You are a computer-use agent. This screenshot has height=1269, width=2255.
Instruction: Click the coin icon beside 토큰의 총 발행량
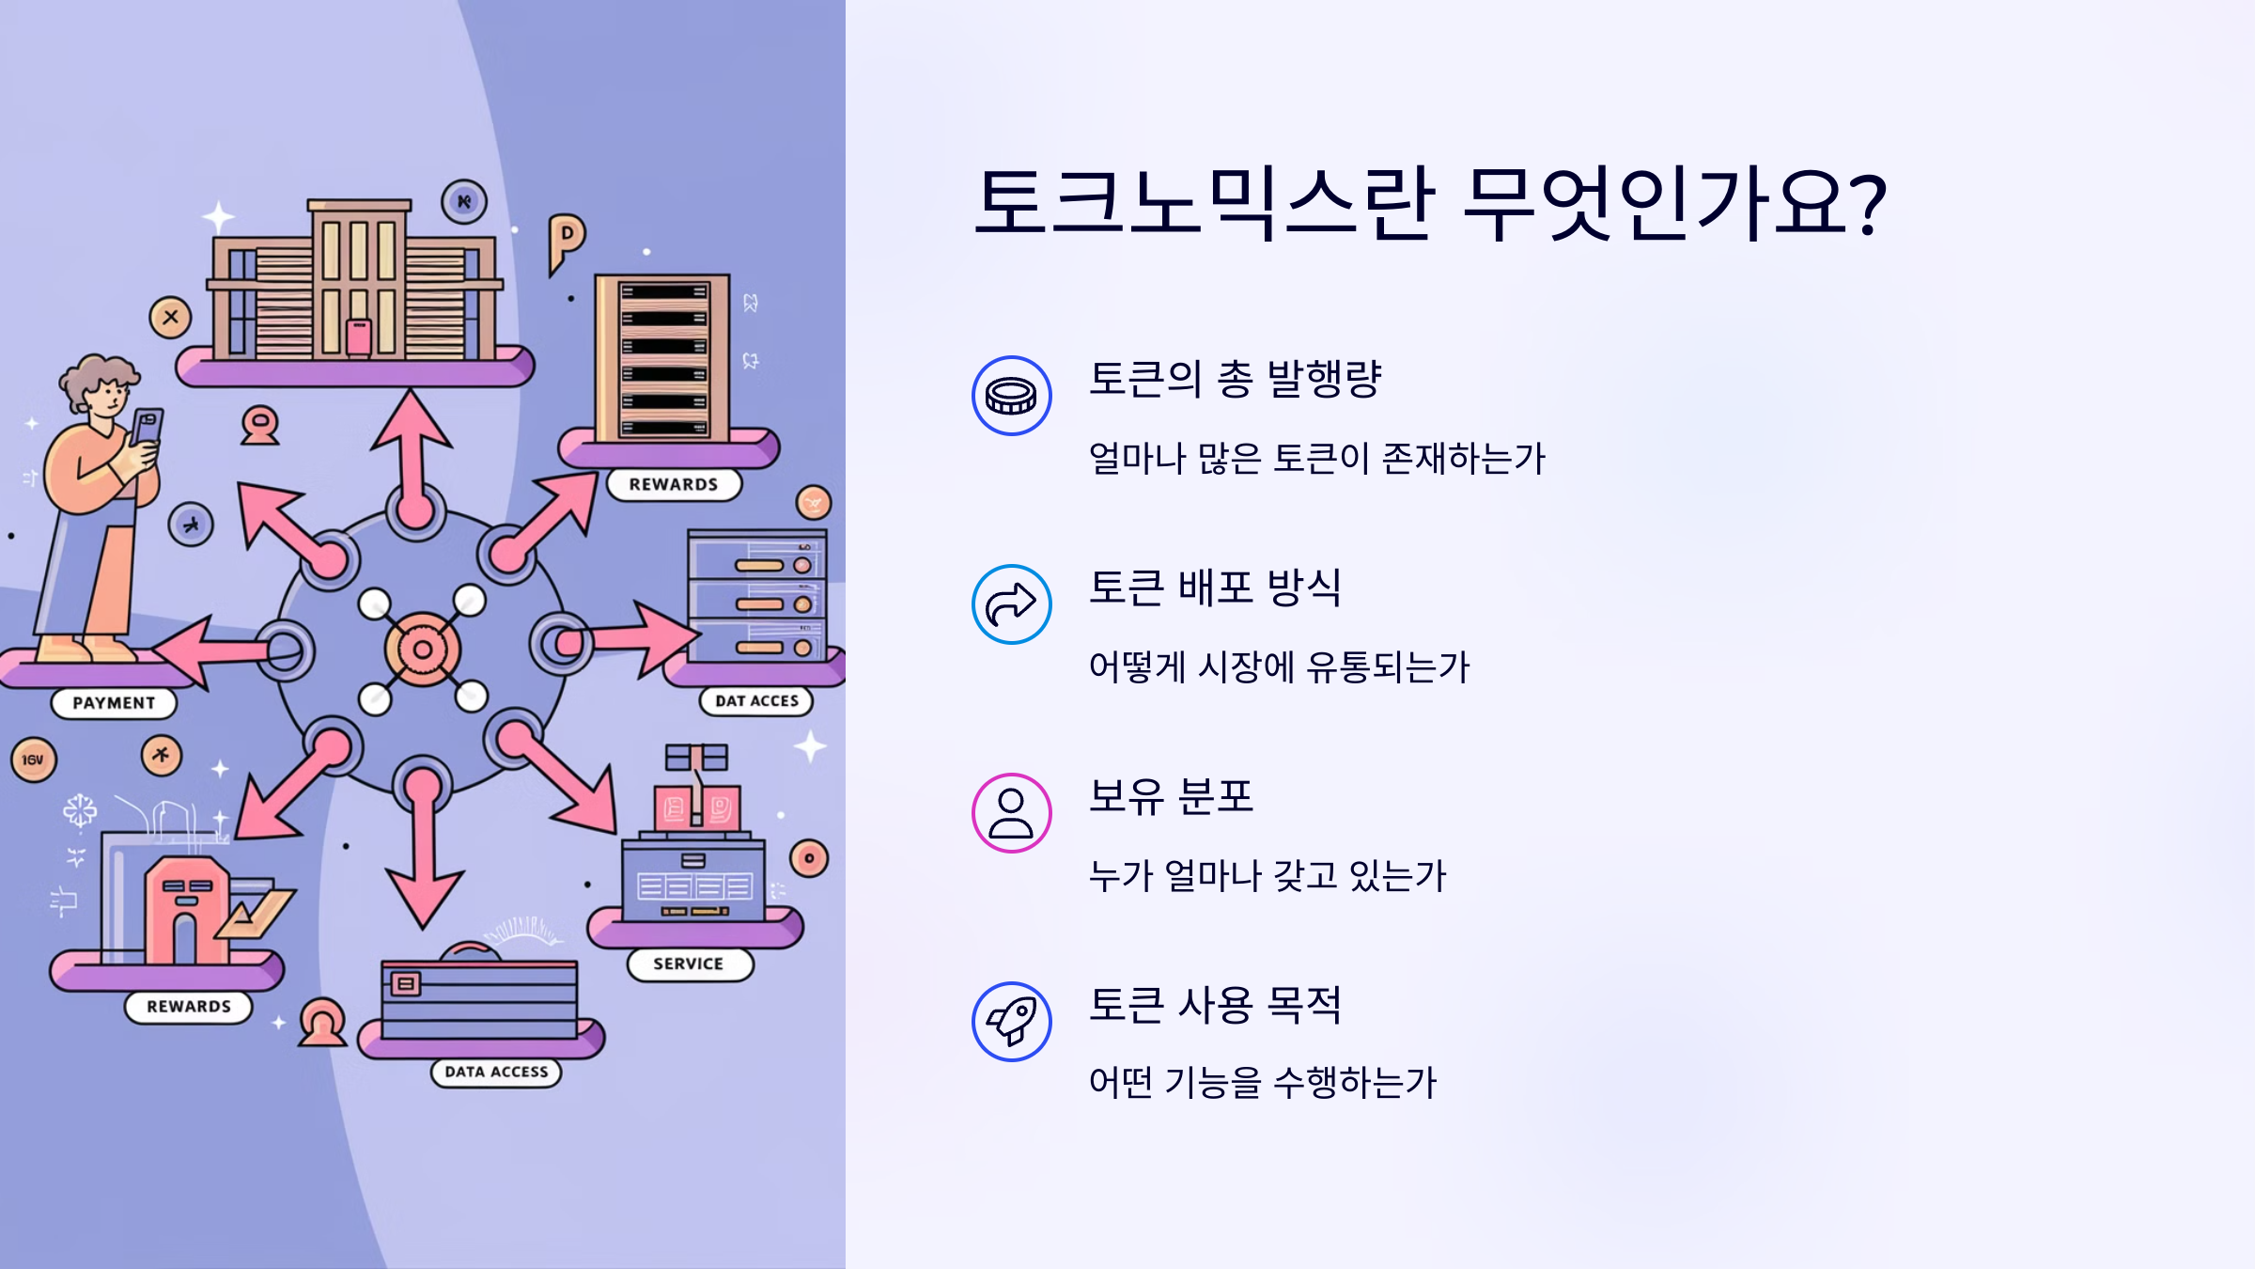point(1011,396)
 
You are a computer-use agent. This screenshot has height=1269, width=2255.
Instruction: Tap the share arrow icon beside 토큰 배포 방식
point(1011,604)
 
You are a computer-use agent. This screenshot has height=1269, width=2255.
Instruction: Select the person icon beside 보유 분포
point(1011,813)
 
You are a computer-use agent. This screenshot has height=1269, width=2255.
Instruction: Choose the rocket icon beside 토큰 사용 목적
point(1011,1022)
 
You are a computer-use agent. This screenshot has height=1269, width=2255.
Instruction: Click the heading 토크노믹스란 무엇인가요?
point(1429,202)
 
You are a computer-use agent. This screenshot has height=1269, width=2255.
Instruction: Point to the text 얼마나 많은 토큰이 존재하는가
point(1316,459)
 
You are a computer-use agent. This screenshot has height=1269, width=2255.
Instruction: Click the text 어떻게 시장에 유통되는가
point(1279,667)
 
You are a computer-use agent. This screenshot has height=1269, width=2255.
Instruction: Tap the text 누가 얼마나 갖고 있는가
point(1267,876)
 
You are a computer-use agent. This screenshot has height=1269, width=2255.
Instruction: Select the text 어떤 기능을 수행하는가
point(1263,1083)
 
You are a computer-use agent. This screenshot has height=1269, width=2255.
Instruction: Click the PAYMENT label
point(114,703)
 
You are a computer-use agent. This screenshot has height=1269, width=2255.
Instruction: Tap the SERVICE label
point(689,964)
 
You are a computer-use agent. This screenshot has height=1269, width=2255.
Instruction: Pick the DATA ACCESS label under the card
point(496,1073)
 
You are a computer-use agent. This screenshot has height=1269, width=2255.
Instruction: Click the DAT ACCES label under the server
point(756,701)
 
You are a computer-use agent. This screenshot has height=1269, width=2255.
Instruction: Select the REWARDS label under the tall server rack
point(674,485)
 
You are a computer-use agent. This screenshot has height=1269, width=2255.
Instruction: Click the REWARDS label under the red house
point(189,1007)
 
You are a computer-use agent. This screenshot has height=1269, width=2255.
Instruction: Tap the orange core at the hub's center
point(423,650)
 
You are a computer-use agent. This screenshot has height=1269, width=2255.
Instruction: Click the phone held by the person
point(147,428)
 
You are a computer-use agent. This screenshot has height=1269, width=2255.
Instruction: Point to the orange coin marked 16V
point(34,760)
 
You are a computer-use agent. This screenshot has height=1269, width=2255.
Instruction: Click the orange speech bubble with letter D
point(567,237)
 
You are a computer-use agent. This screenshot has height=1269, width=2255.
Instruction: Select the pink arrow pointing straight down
point(424,865)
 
